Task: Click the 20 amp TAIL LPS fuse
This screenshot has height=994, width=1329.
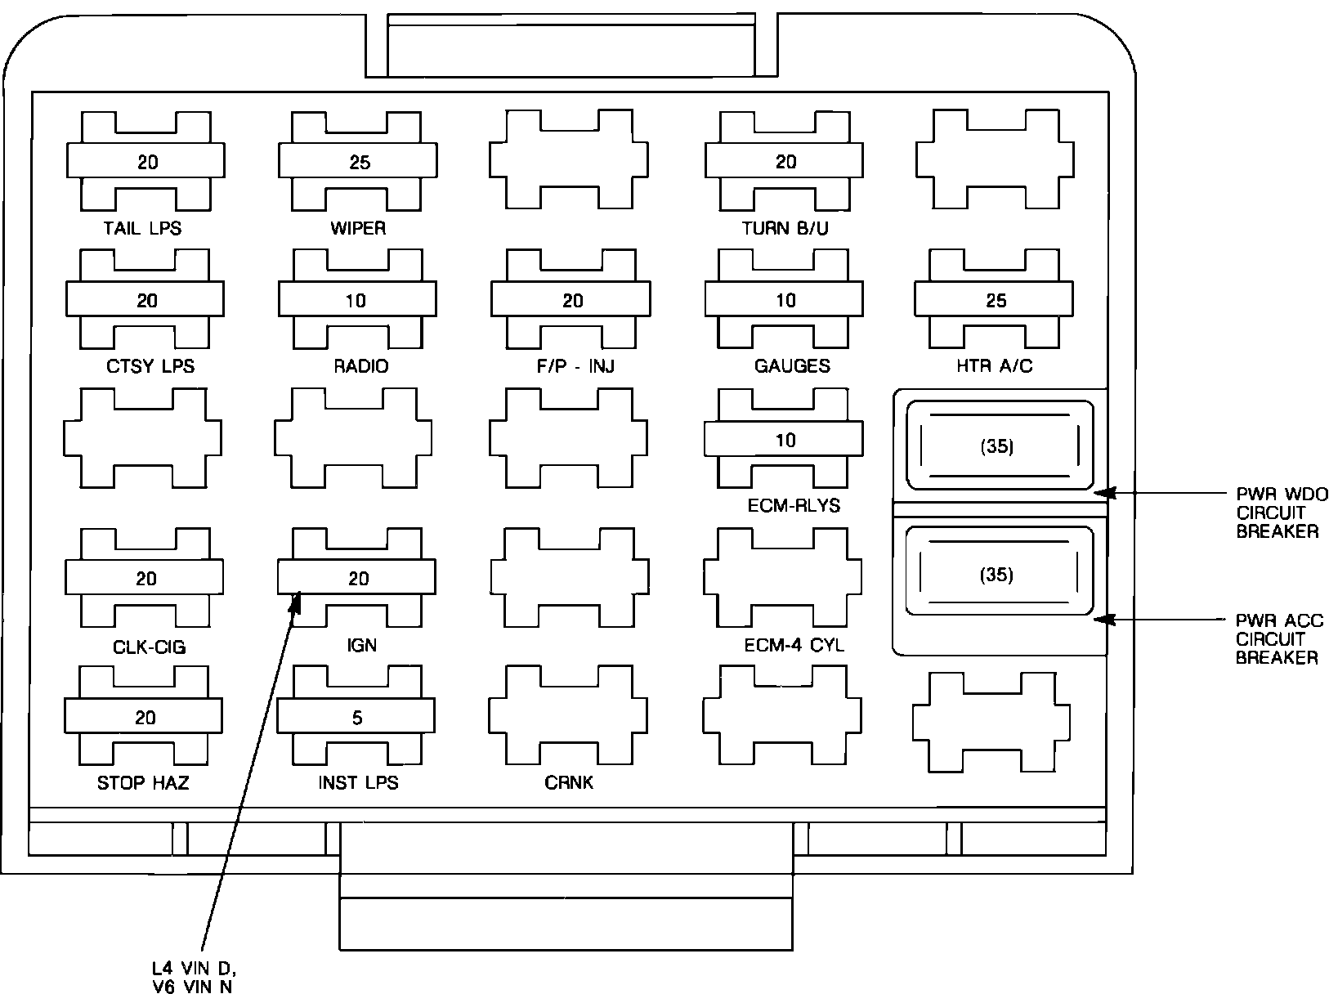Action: point(145,162)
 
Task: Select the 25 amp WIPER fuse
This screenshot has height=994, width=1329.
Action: point(358,162)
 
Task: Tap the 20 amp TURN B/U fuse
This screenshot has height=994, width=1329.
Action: point(784,162)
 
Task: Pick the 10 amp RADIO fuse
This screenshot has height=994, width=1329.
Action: point(357,300)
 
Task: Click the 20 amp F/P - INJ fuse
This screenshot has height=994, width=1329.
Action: point(571,300)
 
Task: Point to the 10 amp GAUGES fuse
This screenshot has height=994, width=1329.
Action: point(784,300)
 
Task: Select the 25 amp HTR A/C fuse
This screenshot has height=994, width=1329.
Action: point(994,300)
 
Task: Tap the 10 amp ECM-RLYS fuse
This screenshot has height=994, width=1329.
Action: point(784,440)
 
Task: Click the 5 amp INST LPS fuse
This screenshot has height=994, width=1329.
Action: point(356,717)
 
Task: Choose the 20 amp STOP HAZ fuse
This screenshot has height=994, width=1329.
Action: point(144,717)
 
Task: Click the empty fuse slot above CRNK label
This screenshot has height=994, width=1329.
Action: point(569,715)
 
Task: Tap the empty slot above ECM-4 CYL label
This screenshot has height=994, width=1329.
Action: point(782,578)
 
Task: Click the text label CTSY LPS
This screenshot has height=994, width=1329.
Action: point(150,366)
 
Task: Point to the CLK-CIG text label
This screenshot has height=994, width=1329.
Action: point(150,647)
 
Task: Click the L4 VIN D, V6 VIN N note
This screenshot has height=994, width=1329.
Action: point(188,978)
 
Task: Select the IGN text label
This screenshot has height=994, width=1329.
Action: point(361,646)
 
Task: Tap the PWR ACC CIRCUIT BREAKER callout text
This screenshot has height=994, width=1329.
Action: point(1278,639)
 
